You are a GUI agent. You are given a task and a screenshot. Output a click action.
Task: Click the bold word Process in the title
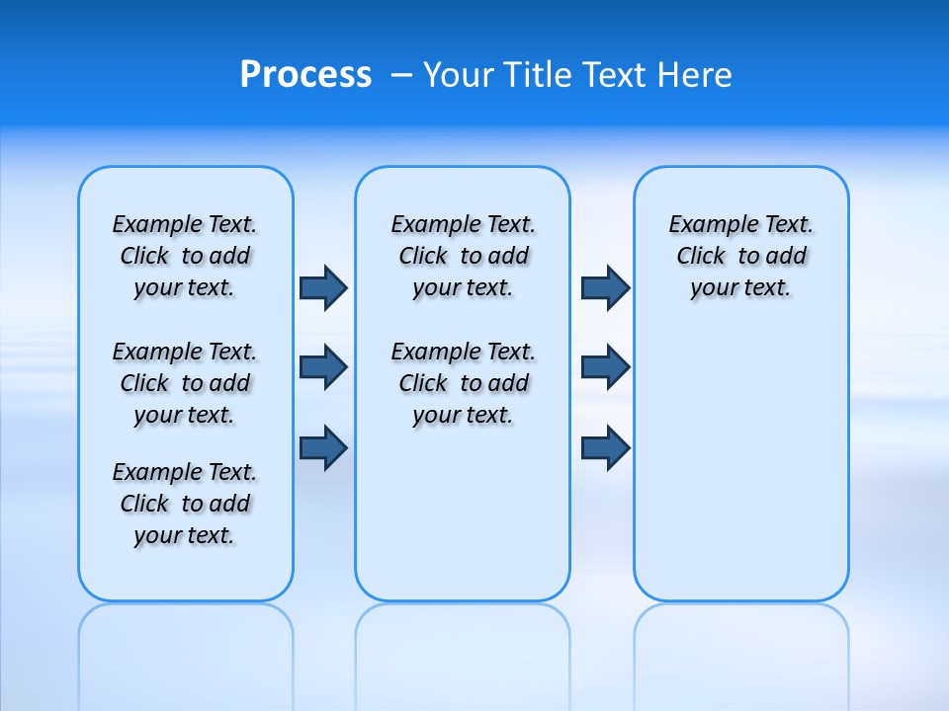[305, 75]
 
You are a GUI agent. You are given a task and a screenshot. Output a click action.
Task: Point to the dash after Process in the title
[400, 75]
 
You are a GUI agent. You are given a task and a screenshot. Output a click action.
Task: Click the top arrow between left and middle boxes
[323, 287]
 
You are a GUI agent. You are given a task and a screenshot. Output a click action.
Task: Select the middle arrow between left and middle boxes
[323, 367]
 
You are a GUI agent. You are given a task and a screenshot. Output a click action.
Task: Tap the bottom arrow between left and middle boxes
[323, 447]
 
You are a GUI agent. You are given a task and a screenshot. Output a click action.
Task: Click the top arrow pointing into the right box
[605, 287]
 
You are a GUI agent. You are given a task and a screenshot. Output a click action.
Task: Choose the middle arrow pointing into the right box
[605, 367]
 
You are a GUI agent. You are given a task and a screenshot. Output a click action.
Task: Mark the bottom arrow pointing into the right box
[605, 447]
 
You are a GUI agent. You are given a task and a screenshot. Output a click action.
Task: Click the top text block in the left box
[185, 256]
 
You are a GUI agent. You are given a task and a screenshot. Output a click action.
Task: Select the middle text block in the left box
[185, 383]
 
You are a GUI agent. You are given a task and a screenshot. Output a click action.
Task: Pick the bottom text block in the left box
[185, 504]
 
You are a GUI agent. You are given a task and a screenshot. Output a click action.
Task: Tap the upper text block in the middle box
[463, 256]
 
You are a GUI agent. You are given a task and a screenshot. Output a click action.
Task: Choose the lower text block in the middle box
[463, 383]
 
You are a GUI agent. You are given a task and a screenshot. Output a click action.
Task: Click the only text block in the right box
[740, 256]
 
